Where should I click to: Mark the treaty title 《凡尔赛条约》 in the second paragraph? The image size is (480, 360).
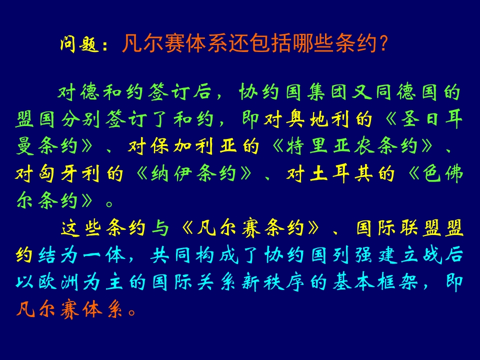coord(250,228)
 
